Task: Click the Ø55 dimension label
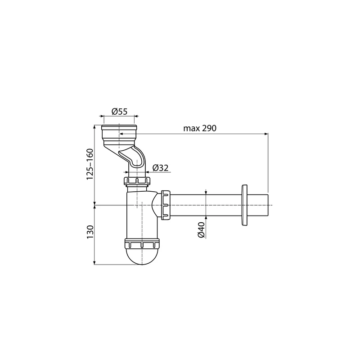(x=119, y=112)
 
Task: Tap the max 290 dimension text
(x=200, y=128)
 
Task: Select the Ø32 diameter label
(x=160, y=168)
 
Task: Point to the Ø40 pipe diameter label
(x=201, y=230)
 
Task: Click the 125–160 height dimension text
(x=90, y=164)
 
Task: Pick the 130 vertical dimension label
(x=90, y=232)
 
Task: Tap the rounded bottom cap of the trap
(x=142, y=256)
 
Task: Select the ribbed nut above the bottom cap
(x=142, y=244)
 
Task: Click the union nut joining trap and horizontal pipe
(x=166, y=205)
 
